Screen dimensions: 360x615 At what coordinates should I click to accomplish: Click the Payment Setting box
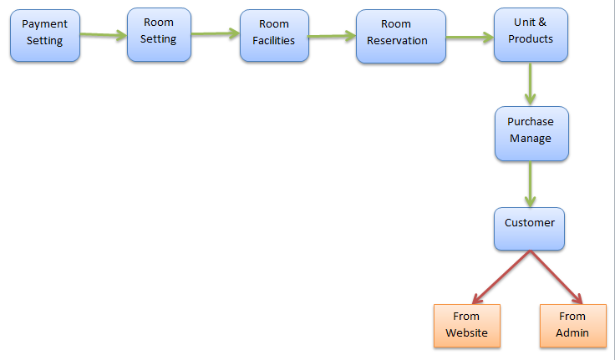coord(45,34)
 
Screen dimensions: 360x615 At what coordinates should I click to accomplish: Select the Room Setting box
coord(159,34)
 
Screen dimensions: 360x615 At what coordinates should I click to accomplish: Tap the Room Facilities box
coord(274,34)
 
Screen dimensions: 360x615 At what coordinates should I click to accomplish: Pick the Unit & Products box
coord(531,34)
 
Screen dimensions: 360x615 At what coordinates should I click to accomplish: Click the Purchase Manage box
coord(531,133)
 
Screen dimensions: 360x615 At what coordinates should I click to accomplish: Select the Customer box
coord(529,228)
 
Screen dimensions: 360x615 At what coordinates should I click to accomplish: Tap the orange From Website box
coord(467,325)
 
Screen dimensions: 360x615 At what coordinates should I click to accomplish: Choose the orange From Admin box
coord(572,325)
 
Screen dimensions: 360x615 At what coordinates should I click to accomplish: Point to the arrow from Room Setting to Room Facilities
coord(216,34)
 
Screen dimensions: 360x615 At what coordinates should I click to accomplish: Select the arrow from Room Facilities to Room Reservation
coord(332,36)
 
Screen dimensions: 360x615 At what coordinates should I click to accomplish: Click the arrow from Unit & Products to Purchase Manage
coord(530,84)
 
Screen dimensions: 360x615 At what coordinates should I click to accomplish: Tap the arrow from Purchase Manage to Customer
coord(530,184)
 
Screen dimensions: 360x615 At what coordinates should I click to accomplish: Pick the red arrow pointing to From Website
coord(501,276)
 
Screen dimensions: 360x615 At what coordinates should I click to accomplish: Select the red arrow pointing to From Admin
coord(556,276)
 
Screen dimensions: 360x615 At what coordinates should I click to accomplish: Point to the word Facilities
coord(274,40)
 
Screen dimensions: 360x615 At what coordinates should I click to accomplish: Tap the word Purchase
coord(531,122)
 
